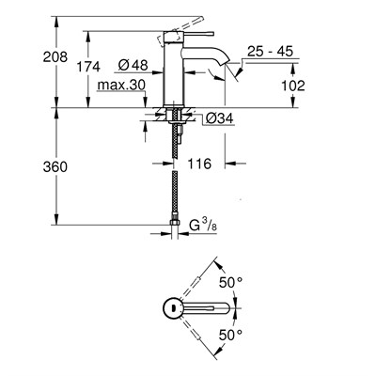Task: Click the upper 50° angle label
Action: coord(229,280)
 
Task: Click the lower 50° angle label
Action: coord(229,333)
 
